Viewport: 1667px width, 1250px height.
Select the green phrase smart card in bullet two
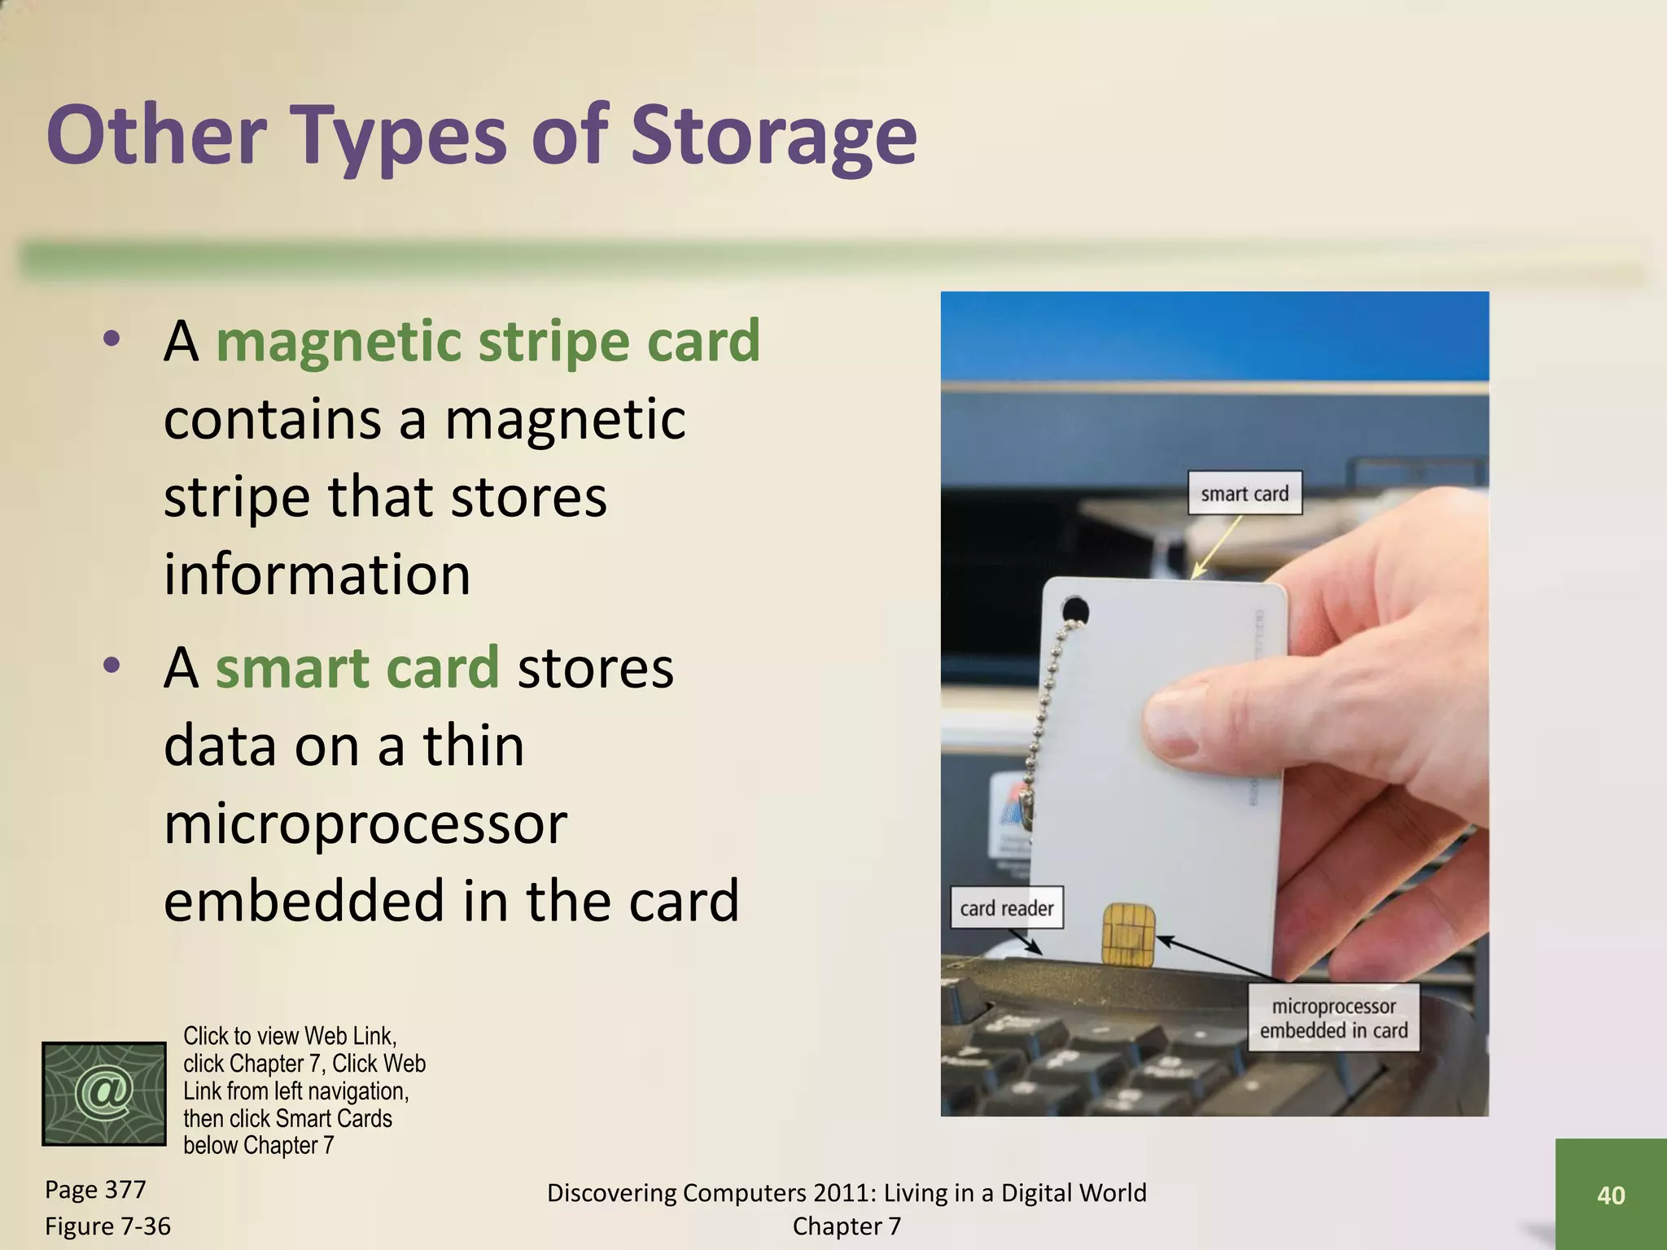pos(357,667)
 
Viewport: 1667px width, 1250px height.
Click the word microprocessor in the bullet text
pos(365,824)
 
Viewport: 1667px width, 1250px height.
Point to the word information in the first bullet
pos(317,575)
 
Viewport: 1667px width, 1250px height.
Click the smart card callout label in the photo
pos(1244,493)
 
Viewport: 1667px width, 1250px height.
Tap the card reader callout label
pos(1006,908)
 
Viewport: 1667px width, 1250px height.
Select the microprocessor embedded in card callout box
pos(1333,1018)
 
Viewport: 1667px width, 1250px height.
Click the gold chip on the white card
pos(1127,935)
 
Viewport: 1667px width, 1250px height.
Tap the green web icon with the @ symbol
pos(104,1094)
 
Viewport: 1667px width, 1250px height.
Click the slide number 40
pos(1611,1195)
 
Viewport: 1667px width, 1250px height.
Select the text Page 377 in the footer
pos(95,1190)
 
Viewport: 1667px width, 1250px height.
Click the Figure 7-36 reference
pos(107,1226)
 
